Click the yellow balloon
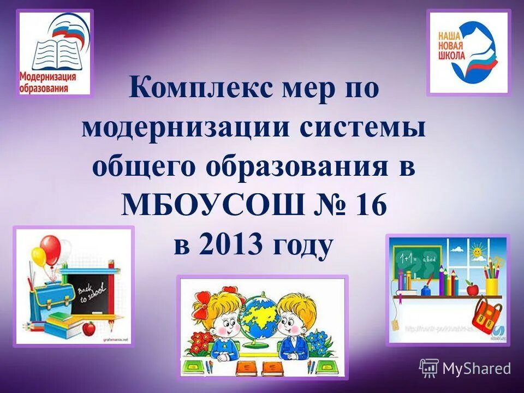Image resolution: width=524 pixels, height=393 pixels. point(38,256)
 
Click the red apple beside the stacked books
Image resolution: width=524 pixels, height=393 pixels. point(88,329)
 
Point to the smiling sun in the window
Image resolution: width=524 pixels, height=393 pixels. point(477,253)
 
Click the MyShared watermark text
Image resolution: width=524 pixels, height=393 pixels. point(476,369)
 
